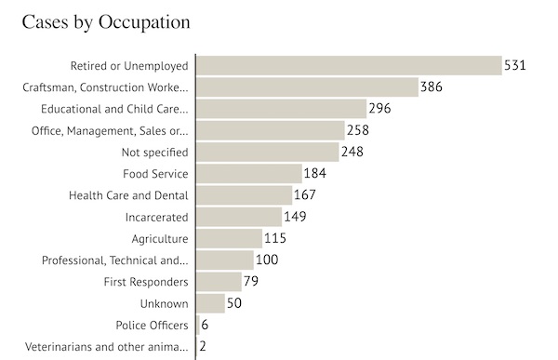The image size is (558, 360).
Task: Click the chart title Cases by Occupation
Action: (106, 22)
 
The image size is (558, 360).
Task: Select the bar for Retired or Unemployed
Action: (349, 65)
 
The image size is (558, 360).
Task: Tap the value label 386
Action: (432, 87)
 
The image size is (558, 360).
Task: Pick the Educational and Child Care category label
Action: (114, 109)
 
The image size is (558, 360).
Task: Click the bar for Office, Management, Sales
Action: (271, 130)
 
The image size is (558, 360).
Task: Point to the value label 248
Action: (352, 152)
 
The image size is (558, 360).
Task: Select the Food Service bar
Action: (249, 173)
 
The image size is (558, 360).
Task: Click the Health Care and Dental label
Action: (128, 195)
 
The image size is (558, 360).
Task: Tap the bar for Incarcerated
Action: (239, 217)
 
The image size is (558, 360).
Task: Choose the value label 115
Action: (275, 238)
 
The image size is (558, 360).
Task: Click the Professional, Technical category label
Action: (115, 260)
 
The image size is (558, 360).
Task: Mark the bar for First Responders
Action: (219, 282)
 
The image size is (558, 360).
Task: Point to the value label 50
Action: (234, 303)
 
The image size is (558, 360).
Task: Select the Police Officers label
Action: (152, 325)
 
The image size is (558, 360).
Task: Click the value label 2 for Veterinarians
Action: (203, 346)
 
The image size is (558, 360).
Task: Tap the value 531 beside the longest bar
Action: (515, 65)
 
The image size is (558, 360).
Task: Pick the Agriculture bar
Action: (229, 238)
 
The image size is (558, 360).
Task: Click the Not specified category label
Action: (154, 153)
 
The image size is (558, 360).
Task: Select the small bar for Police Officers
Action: (198, 325)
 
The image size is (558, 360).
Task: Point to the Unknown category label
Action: (164, 304)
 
